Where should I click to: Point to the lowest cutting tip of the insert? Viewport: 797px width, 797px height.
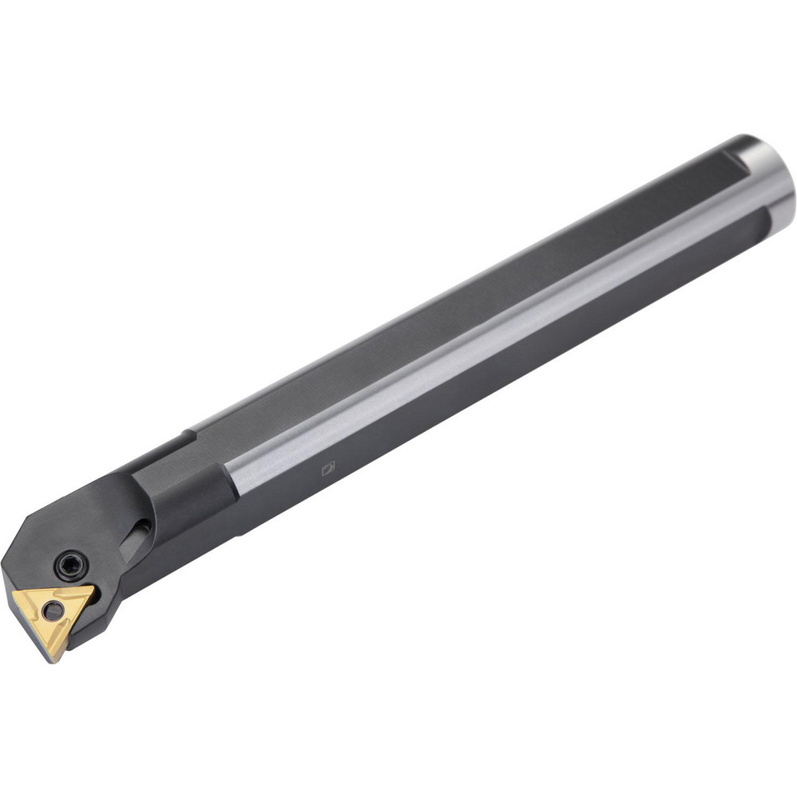point(55,660)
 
